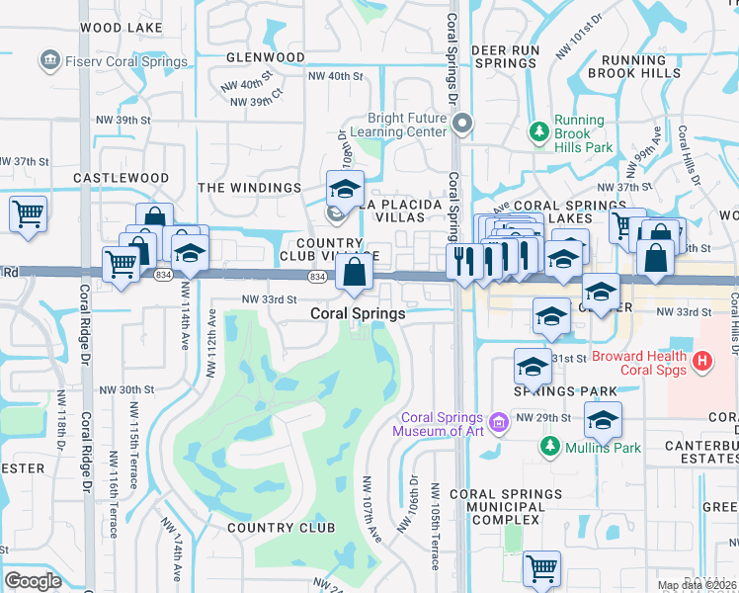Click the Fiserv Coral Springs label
tap(124, 61)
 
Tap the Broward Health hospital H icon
tap(702, 363)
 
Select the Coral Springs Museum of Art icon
tap(499, 424)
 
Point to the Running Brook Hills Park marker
tap(538, 130)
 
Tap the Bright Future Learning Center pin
tap(462, 124)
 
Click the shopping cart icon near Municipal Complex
tap(541, 568)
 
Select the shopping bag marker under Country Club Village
tap(355, 272)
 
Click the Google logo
tap(33, 581)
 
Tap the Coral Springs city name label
tap(358, 313)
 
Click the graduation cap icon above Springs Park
tap(533, 366)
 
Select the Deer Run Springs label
tap(505, 55)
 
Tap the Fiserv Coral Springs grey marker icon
tap(48, 61)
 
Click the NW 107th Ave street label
tap(371, 509)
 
